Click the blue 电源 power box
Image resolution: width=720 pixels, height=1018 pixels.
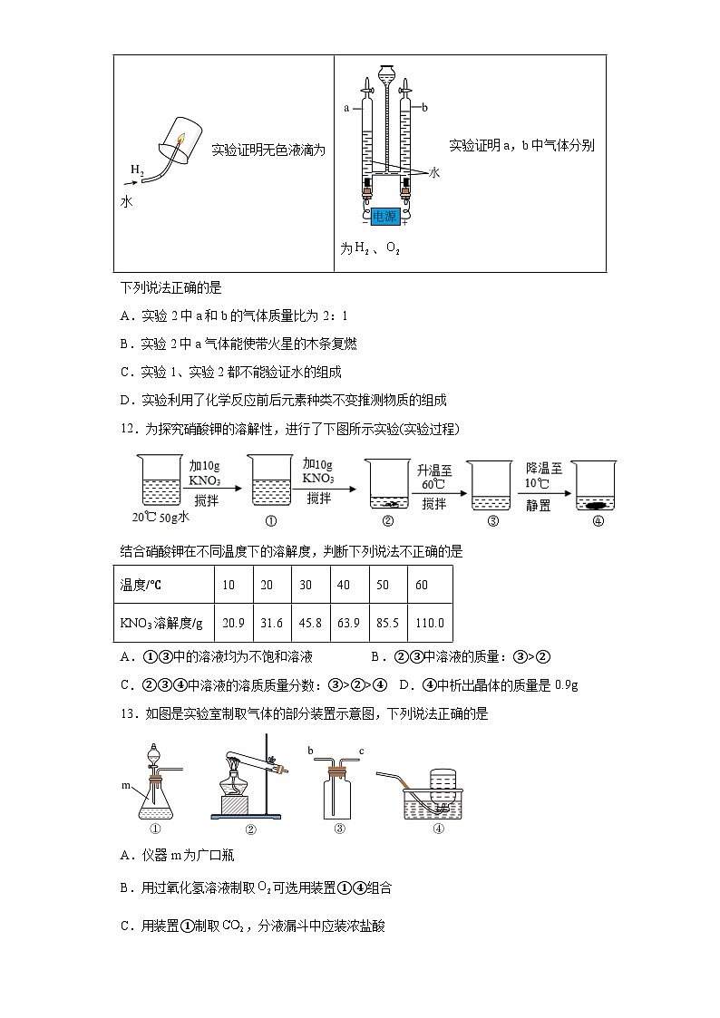tap(385, 216)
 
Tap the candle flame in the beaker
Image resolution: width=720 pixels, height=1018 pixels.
tap(180, 141)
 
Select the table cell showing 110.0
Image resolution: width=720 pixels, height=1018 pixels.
tap(429, 623)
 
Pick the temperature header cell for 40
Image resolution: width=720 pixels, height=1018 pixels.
tap(343, 585)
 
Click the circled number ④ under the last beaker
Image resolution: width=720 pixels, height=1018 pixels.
tap(598, 521)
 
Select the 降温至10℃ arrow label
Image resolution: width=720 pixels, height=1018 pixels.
tap(543, 477)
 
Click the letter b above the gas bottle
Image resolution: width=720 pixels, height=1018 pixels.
tap(311, 751)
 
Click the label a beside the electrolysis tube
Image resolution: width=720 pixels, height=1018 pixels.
tap(346, 108)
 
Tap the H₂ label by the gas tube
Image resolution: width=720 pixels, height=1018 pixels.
tap(136, 170)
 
